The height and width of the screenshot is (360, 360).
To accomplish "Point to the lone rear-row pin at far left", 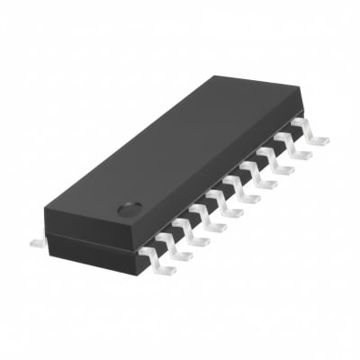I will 36,239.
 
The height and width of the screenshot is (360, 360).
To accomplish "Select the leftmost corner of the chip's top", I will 44,211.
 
